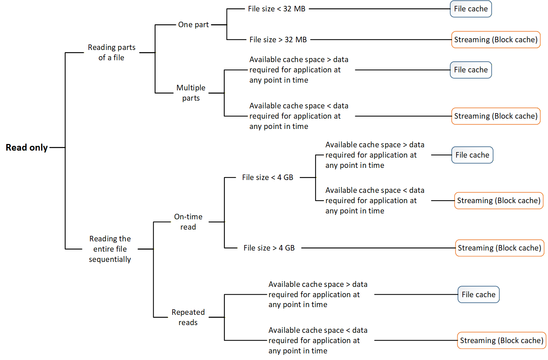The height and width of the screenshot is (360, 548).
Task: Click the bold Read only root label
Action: coord(26,147)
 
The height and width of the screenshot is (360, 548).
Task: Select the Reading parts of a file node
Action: coord(111,53)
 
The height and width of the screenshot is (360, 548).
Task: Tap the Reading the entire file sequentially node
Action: coord(110,249)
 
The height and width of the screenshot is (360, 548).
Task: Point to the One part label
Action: coord(193,25)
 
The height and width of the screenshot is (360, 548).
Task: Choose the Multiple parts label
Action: coord(191,93)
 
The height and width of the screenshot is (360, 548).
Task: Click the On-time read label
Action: coord(188,222)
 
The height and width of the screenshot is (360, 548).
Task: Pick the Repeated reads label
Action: coord(188,317)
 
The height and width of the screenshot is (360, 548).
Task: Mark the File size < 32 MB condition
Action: coord(276,9)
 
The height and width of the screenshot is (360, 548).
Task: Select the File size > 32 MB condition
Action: coord(278,40)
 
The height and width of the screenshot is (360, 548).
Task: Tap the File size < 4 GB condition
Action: coord(267,177)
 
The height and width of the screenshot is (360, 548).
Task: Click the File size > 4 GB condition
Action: coord(269,248)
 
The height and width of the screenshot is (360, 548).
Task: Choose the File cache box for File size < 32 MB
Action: coord(471,9)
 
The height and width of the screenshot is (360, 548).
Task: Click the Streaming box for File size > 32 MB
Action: coord(495,40)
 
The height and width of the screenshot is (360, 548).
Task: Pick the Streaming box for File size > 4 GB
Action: coord(499,248)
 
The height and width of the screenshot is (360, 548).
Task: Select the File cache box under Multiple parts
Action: coord(471,70)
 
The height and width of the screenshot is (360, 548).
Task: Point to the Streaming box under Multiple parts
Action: coord(495,116)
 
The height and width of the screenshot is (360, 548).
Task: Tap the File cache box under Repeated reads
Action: coord(478,295)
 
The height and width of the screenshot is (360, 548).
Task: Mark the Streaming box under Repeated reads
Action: coord(501,341)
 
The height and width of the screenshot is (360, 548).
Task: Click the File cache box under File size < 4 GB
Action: coord(472,155)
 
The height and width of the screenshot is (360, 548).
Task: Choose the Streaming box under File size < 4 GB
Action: coord(498,201)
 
